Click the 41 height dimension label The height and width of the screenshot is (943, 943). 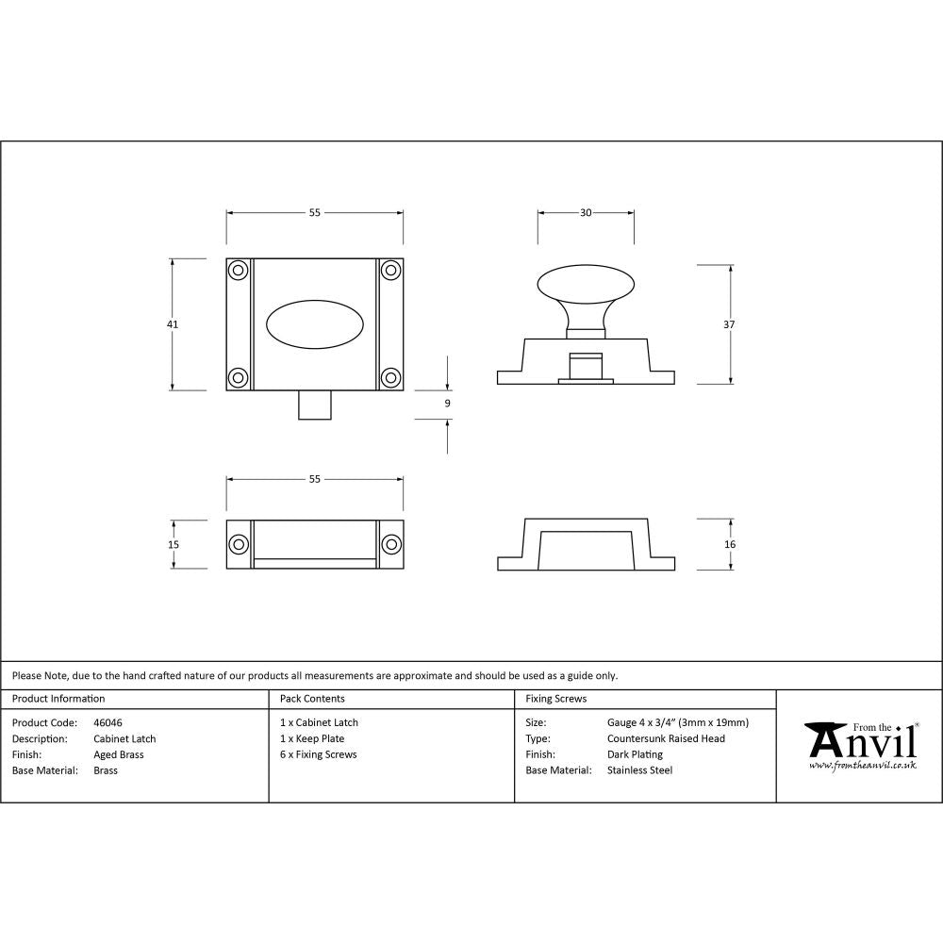[x=173, y=323]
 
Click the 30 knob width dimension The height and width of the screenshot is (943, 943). [x=586, y=213]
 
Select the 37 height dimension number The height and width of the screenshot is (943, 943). [x=730, y=323]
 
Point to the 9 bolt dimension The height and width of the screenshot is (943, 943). [x=447, y=403]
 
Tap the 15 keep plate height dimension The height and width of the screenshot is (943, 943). [x=173, y=544]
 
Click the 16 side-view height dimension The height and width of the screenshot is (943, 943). [x=730, y=544]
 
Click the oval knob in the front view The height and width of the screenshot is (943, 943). [x=315, y=324]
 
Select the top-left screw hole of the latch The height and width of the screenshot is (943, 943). [x=239, y=271]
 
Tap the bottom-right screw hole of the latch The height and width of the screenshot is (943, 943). [x=390, y=377]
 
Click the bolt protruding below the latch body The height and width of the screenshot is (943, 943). [x=315, y=405]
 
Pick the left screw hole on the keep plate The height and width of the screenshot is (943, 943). [x=239, y=544]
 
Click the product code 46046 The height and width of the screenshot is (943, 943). [x=108, y=722]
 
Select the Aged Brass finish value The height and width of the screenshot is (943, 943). [x=119, y=754]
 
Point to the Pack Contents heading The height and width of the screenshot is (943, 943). [x=312, y=699]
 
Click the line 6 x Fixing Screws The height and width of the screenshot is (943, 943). [x=319, y=754]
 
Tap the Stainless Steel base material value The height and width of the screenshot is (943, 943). [x=640, y=770]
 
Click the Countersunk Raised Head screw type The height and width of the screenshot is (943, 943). [x=667, y=738]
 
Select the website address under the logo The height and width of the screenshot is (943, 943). [x=863, y=766]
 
